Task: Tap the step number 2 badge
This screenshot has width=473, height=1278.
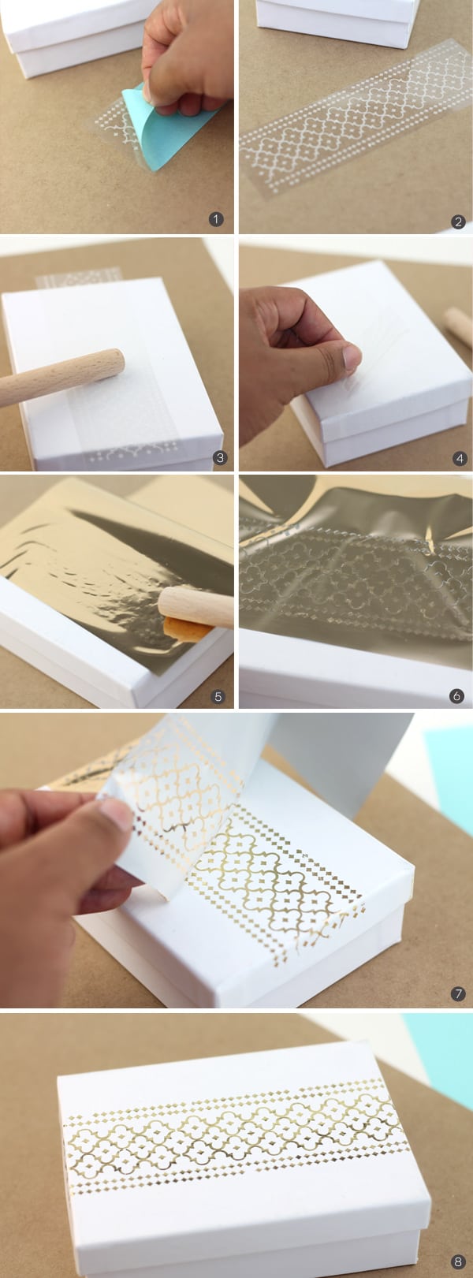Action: [x=458, y=222]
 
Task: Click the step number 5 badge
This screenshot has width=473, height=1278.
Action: [x=218, y=696]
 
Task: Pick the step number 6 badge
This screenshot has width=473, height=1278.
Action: [x=456, y=696]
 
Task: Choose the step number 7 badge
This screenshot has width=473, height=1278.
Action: [x=458, y=995]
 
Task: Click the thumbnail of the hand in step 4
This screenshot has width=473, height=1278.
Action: [x=352, y=359]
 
